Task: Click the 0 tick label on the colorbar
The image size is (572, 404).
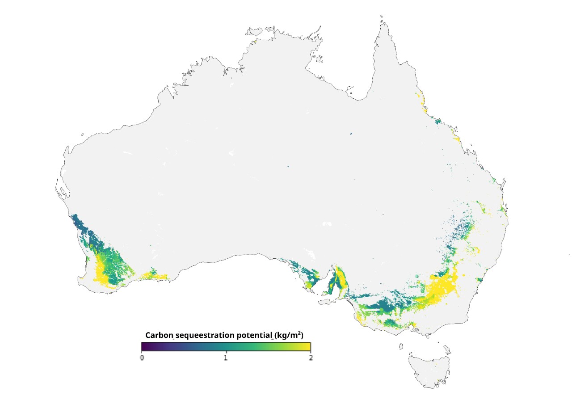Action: coord(142,358)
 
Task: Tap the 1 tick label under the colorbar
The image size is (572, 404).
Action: coord(226,358)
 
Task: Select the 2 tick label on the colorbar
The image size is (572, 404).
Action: coord(310,358)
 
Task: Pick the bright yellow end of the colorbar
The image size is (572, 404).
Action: coord(308,347)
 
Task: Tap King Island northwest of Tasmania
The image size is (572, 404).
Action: coord(401,346)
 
